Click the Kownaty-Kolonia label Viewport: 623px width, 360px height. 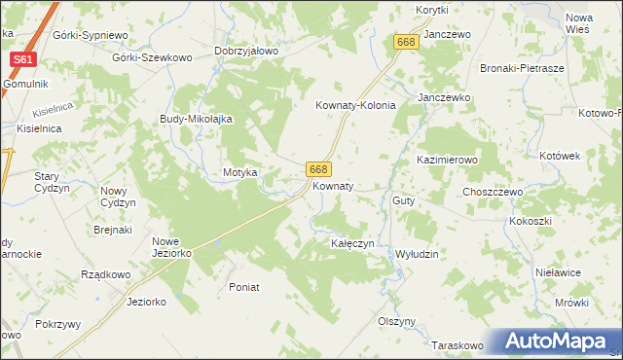tap(355, 106)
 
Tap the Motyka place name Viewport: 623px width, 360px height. tap(239, 172)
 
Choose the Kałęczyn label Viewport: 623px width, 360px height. tap(352, 243)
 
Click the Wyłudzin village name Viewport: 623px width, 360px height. tap(418, 253)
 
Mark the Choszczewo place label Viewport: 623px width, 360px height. tap(493, 193)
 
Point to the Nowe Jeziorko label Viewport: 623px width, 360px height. tap(171, 247)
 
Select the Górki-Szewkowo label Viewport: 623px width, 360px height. tap(152, 57)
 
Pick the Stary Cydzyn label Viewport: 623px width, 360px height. tap(48, 182)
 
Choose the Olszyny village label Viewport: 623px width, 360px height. tap(397, 321)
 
